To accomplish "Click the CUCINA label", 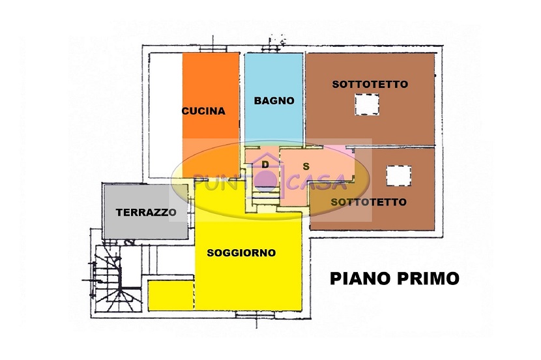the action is [x=203, y=111].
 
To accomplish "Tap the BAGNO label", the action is [x=274, y=100].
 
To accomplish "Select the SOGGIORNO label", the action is [x=241, y=253].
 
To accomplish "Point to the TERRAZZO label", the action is [x=146, y=212].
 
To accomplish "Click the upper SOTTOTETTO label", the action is [x=370, y=84].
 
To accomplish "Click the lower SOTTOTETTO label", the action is [x=368, y=202].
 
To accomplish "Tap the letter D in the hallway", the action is [x=265, y=165].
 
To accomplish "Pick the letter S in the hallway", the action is [x=306, y=167].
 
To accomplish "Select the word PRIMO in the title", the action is [x=428, y=278].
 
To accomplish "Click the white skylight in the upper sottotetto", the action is [x=367, y=104].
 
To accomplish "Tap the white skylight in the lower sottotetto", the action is [x=398, y=175].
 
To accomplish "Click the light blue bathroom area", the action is [x=274, y=97].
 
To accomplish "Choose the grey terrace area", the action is [x=145, y=211].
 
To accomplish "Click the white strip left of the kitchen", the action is [x=166, y=115].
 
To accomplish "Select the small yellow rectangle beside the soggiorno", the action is [x=171, y=295].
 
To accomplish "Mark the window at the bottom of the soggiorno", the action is [x=256, y=314].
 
